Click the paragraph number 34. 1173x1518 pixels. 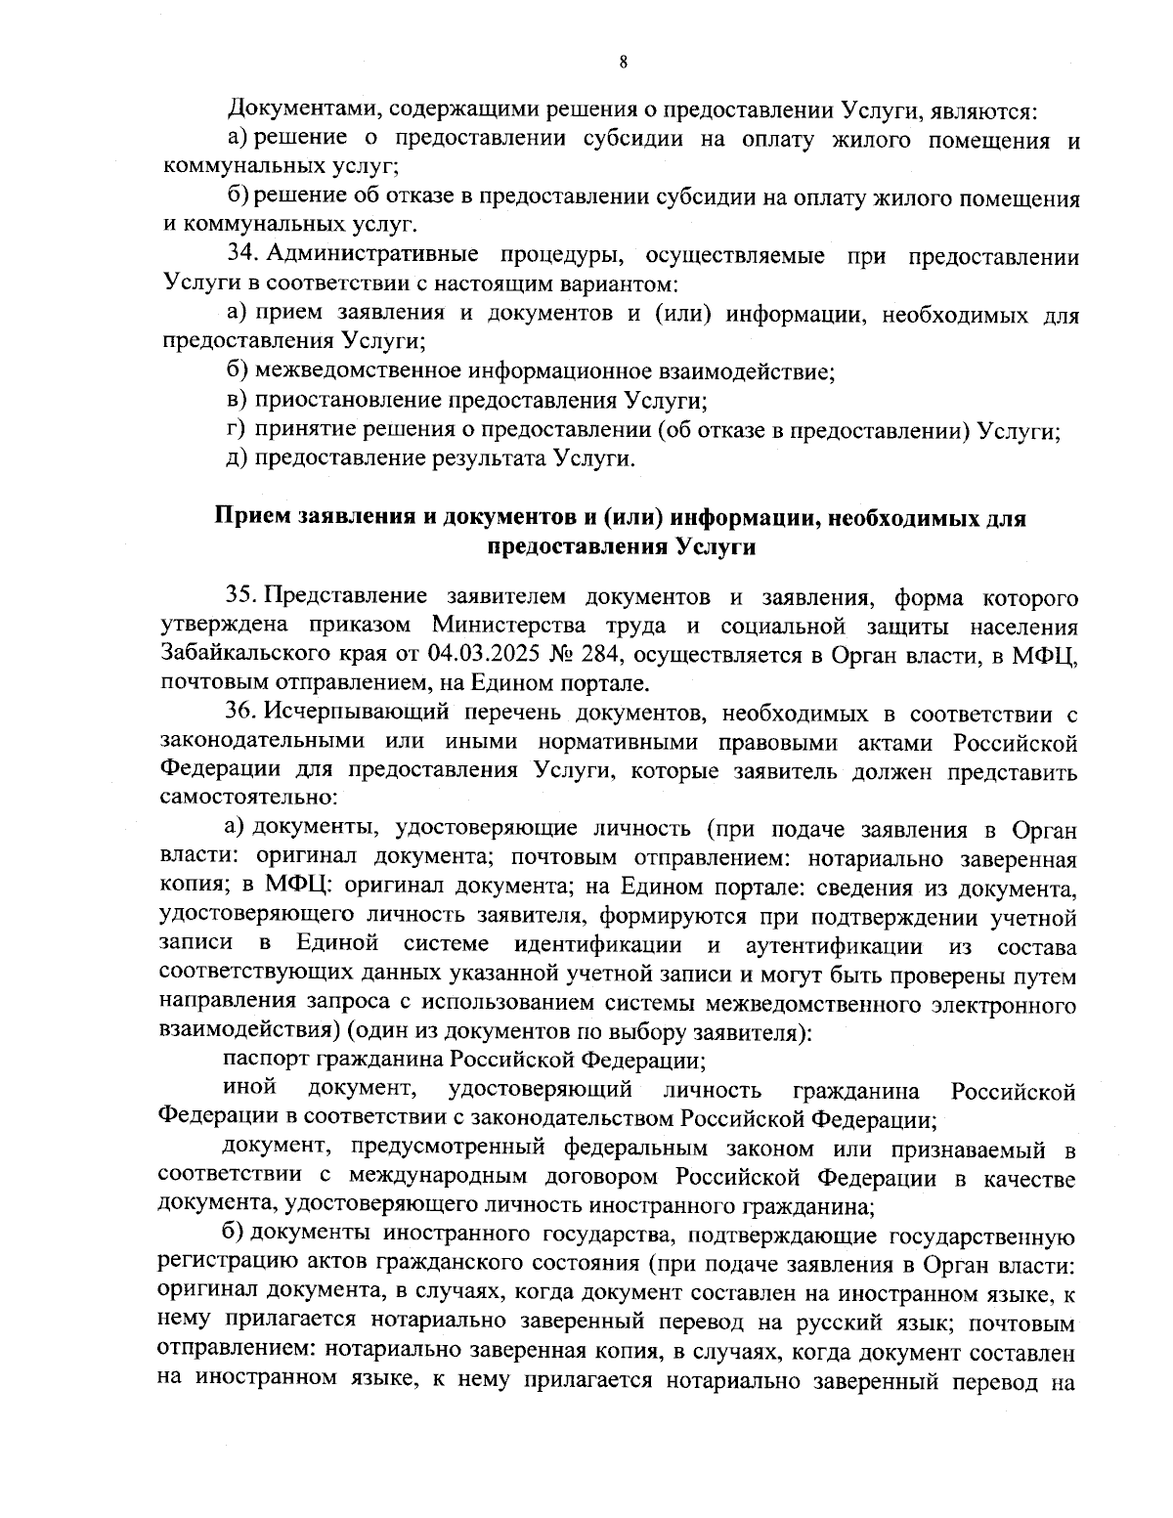pos(241,256)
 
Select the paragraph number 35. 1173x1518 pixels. pos(240,595)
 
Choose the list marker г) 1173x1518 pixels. pos(236,429)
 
